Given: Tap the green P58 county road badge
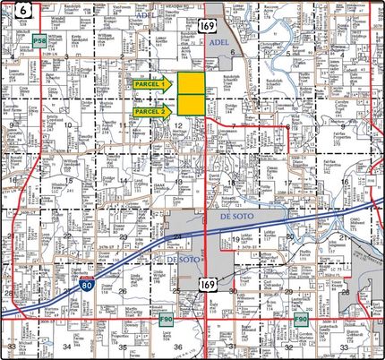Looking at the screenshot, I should click(x=38, y=42).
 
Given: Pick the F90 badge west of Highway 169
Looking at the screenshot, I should click(x=165, y=318).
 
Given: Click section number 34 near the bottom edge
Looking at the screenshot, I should click(x=66, y=346).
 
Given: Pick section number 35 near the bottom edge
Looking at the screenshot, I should click(x=124, y=346).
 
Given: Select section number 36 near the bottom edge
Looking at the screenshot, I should click(x=178, y=346).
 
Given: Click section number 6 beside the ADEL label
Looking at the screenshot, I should click(x=232, y=52).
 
